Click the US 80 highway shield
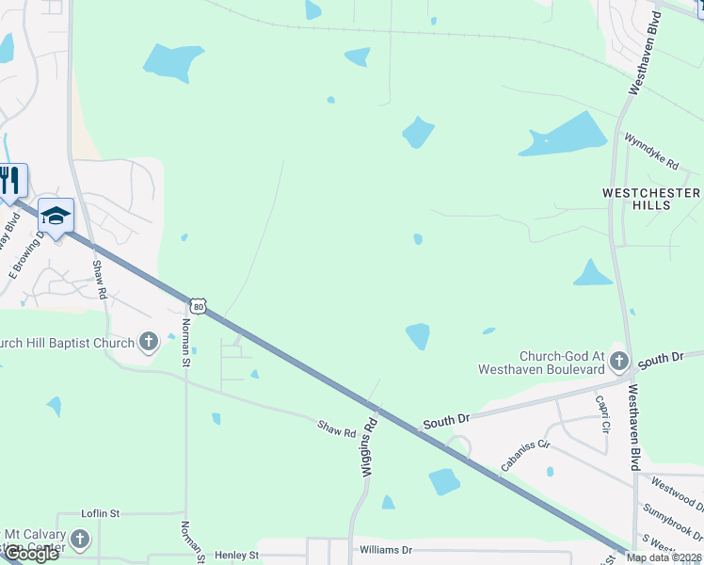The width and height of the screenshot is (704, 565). [x=197, y=306]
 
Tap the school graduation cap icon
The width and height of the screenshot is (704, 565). [x=56, y=217]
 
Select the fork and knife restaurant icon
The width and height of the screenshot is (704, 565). [x=10, y=179]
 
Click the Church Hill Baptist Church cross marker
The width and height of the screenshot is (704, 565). [x=148, y=342]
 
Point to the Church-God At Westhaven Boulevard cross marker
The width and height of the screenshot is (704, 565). [x=618, y=361]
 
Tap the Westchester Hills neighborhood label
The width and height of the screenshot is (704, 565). [x=651, y=199]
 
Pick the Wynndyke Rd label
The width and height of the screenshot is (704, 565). [x=651, y=151]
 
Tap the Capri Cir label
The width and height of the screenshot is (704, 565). [x=603, y=412]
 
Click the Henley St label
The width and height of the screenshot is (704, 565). [x=236, y=556]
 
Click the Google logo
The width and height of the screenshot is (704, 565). [x=31, y=554]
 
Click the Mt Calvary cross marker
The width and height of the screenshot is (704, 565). [x=80, y=540]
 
